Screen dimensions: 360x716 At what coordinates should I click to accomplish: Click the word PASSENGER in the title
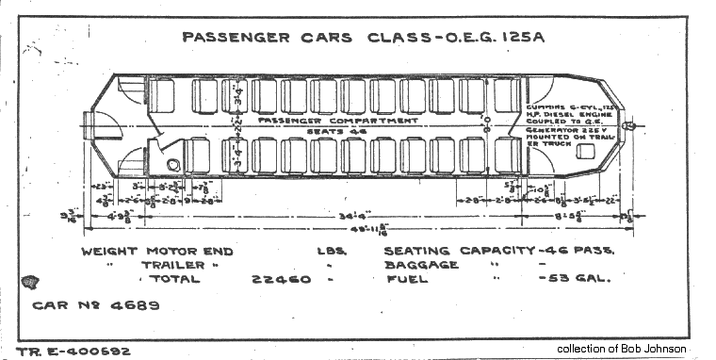pyautogui.click(x=225, y=39)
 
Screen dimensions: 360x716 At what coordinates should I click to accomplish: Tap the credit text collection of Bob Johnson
pyautogui.click(x=622, y=349)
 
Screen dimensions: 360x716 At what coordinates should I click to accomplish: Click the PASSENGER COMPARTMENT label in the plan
pyautogui.click(x=337, y=121)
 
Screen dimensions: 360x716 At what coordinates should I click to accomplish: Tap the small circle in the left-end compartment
pyautogui.click(x=173, y=164)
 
